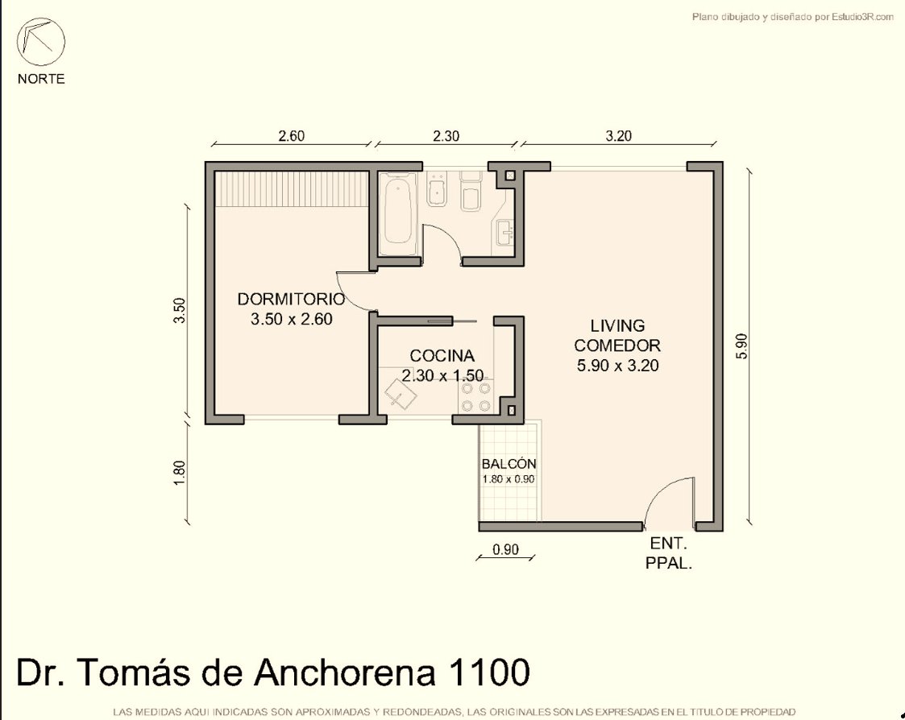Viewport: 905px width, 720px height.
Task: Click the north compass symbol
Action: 40,42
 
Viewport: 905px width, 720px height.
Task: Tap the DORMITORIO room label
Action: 292,299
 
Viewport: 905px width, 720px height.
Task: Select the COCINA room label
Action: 442,355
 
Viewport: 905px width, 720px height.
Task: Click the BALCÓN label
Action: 509,464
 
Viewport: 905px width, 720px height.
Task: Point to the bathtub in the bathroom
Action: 399,211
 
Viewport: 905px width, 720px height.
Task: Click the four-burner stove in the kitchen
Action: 476,397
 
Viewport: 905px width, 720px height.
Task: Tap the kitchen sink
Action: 401,393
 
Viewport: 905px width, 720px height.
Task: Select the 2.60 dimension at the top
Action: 292,136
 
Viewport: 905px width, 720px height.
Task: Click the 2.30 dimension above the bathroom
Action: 446,136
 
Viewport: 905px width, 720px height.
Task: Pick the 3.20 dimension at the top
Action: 619,136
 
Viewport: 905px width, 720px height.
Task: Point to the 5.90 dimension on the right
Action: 742,346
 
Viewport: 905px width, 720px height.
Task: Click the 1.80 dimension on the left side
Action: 180,473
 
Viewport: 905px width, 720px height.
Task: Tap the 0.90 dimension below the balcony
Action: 505,550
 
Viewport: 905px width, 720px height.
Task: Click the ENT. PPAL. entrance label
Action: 669,553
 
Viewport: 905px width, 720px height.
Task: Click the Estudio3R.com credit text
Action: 862,17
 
